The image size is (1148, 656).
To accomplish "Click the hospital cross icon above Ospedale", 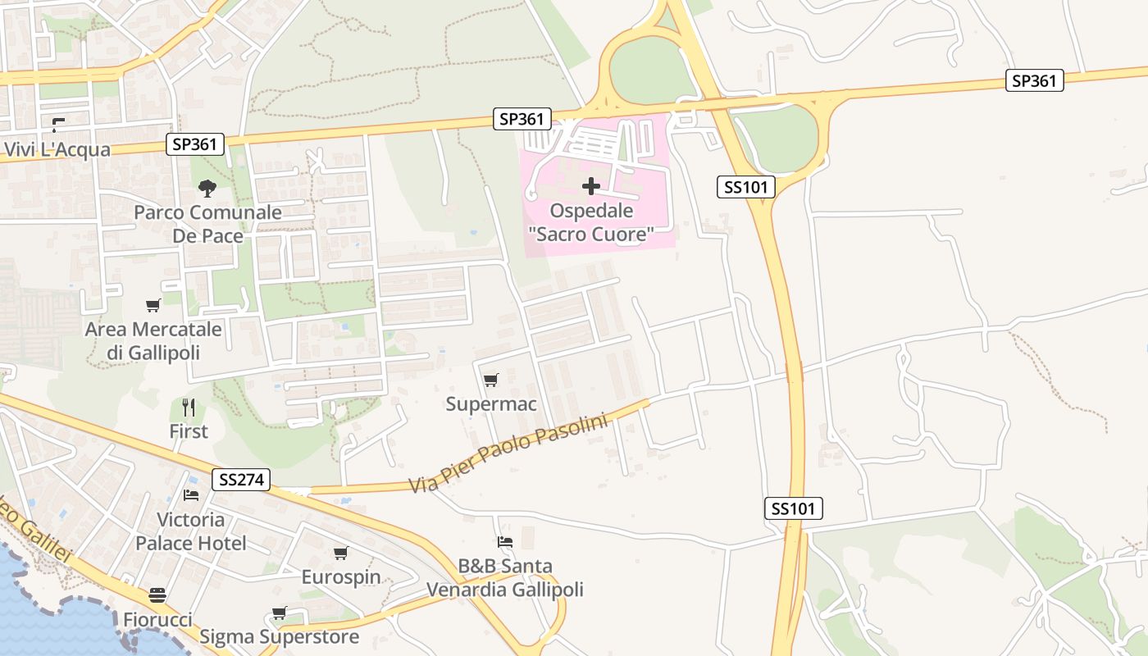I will (x=590, y=186).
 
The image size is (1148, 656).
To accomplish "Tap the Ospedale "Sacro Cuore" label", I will (x=591, y=222).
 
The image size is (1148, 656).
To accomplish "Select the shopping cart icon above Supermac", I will (x=490, y=380).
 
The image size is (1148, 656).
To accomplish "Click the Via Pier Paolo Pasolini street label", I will (x=508, y=453).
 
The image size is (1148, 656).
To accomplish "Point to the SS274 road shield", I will (x=241, y=480).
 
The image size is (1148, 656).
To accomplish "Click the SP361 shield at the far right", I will (x=1034, y=80).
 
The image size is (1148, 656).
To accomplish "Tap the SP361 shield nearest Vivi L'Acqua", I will (x=195, y=144).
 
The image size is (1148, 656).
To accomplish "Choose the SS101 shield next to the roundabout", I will (x=745, y=187).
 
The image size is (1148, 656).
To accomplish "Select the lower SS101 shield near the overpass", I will (x=794, y=508).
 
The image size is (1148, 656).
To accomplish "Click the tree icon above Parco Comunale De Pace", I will (x=207, y=189).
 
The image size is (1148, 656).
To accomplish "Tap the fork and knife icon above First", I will (x=189, y=407).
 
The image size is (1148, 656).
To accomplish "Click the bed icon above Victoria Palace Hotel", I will (x=191, y=495).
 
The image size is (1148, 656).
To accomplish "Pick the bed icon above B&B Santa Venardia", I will (x=504, y=542).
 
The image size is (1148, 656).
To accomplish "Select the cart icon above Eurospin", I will (x=340, y=553).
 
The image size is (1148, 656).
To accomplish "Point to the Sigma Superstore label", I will (x=279, y=637).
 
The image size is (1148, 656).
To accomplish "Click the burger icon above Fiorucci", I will (x=157, y=595).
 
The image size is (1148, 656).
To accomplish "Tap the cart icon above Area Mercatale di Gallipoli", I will (x=153, y=306).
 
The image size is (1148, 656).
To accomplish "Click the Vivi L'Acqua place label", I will (x=57, y=150).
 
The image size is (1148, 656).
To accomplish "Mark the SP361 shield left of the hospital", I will (x=522, y=119).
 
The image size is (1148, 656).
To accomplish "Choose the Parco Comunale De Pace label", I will (x=207, y=224).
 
